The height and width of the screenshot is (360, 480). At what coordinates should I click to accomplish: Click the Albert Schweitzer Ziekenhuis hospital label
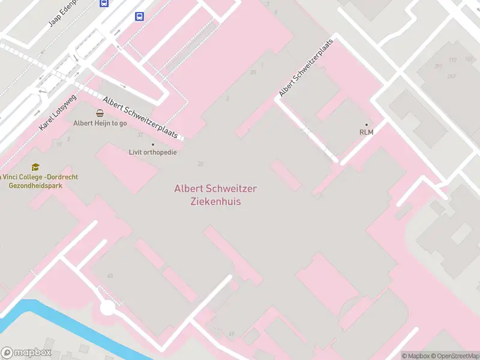(x=215, y=195)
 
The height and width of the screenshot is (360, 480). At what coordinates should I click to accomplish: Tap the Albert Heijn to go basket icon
(x=100, y=113)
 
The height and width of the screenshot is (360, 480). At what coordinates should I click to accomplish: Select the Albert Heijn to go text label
(x=100, y=124)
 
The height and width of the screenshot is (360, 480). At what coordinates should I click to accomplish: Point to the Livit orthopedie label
(x=153, y=152)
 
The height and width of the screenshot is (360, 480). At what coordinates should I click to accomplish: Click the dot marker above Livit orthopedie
(x=153, y=144)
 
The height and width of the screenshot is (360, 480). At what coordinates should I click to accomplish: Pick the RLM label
(x=367, y=133)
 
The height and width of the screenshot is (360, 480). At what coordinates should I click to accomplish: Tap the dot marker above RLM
(x=367, y=125)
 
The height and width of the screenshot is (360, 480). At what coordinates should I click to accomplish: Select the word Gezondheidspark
(x=36, y=186)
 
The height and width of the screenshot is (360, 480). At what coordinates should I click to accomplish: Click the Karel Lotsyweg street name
(x=58, y=112)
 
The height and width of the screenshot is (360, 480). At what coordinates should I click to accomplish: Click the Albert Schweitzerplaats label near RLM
(x=306, y=68)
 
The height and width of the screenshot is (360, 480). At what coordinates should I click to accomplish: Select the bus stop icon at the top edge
(x=104, y=3)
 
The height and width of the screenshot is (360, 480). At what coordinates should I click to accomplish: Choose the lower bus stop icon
(x=140, y=16)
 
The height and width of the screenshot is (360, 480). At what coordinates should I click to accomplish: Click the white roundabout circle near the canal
(x=107, y=308)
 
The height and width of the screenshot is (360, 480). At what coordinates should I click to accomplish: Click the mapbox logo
(x=26, y=353)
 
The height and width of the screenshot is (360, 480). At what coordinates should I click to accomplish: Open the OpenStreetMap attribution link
(x=455, y=356)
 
